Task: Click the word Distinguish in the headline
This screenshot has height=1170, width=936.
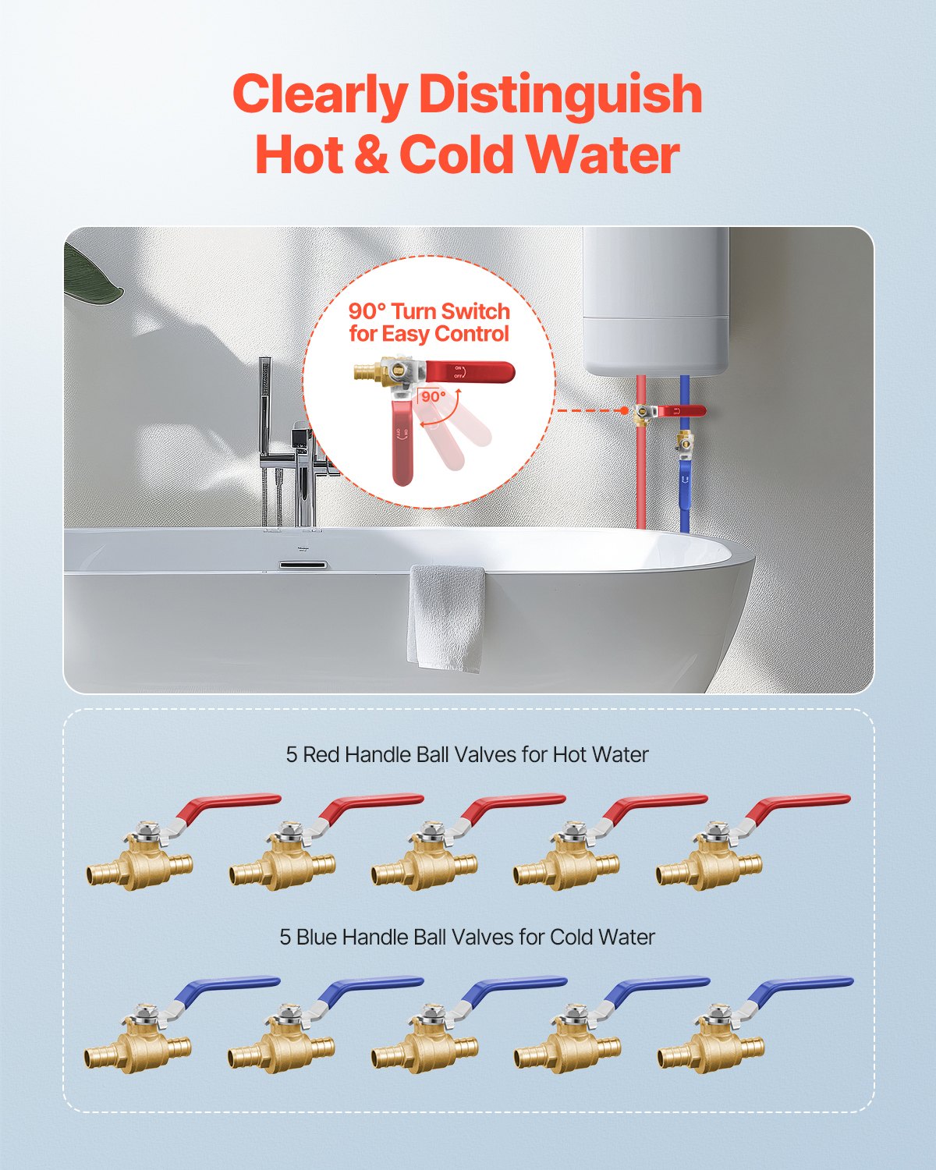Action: (560, 95)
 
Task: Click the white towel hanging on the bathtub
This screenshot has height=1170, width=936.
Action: (447, 616)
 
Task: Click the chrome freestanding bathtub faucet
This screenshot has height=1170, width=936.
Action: (300, 468)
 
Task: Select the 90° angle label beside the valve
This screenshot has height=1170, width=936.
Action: (434, 396)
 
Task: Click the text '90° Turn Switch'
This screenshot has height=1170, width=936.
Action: (429, 311)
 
